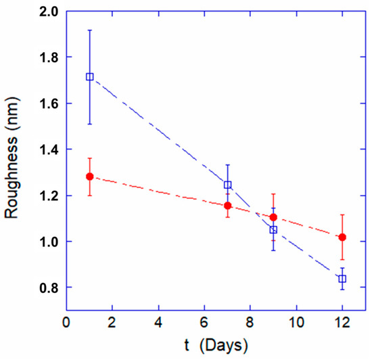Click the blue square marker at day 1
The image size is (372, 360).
[x=89, y=76]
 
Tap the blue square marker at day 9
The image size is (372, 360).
[x=273, y=230]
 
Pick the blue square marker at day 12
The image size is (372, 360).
[x=342, y=279]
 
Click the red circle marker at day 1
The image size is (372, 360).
[x=89, y=177]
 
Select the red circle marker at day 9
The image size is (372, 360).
[x=273, y=217]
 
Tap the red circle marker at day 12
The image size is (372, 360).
[x=342, y=237]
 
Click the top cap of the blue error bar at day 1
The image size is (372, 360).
[x=89, y=30]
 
